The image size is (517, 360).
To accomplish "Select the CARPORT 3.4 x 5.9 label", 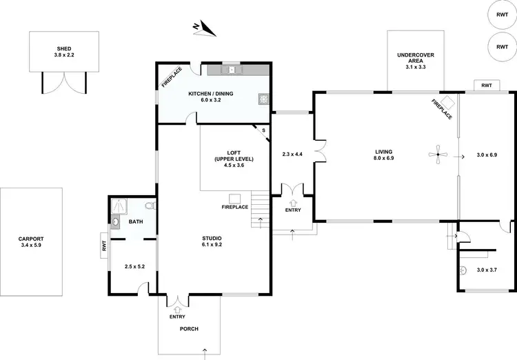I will pyautogui.click(x=30, y=242).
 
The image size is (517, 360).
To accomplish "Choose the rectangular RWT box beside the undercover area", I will pyautogui.click(x=487, y=86).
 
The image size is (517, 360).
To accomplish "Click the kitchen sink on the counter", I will pyautogui.click(x=232, y=69).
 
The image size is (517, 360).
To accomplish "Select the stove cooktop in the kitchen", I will pyautogui.click(x=263, y=99).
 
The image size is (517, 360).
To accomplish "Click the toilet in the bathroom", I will pyautogui.click(x=149, y=205).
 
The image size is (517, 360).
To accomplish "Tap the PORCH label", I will pyautogui.click(x=189, y=329).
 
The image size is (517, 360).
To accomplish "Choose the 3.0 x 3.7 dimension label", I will pyautogui.click(x=487, y=270).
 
